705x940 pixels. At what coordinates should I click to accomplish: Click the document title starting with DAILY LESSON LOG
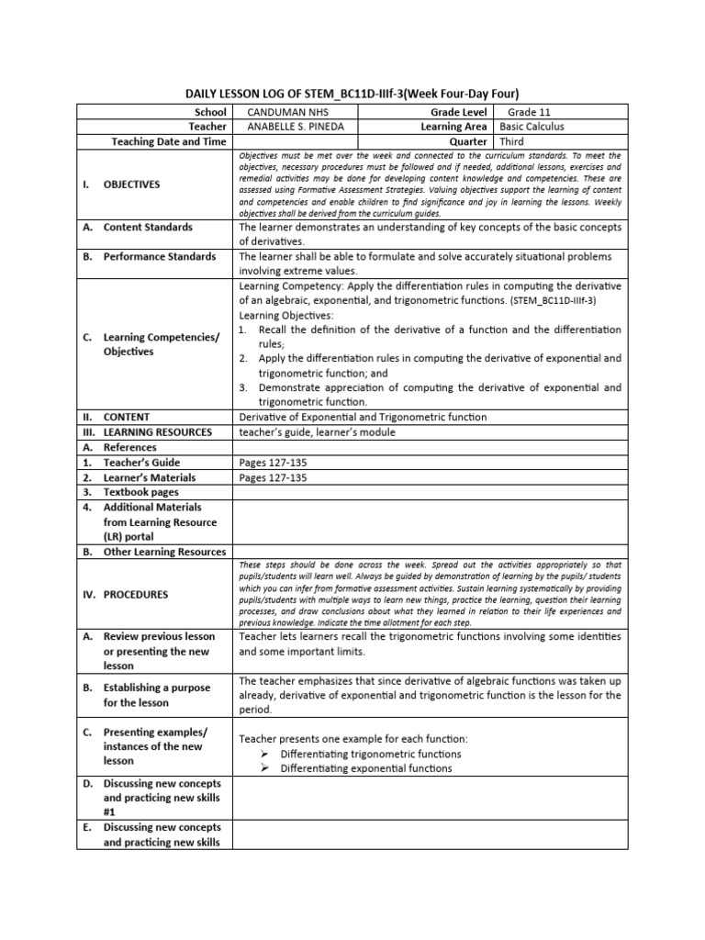coord(352,94)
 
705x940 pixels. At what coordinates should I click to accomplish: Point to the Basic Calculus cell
coord(532,126)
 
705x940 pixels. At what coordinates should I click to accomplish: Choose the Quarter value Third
coord(514,141)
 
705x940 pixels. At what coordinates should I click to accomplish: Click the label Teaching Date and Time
coord(169,141)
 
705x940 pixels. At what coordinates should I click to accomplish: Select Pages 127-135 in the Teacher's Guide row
coord(273,463)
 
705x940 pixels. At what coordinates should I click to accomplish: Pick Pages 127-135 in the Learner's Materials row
coord(273,477)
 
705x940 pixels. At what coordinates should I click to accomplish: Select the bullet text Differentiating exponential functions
coord(365,768)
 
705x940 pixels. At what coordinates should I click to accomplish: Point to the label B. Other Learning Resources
coord(154,552)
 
